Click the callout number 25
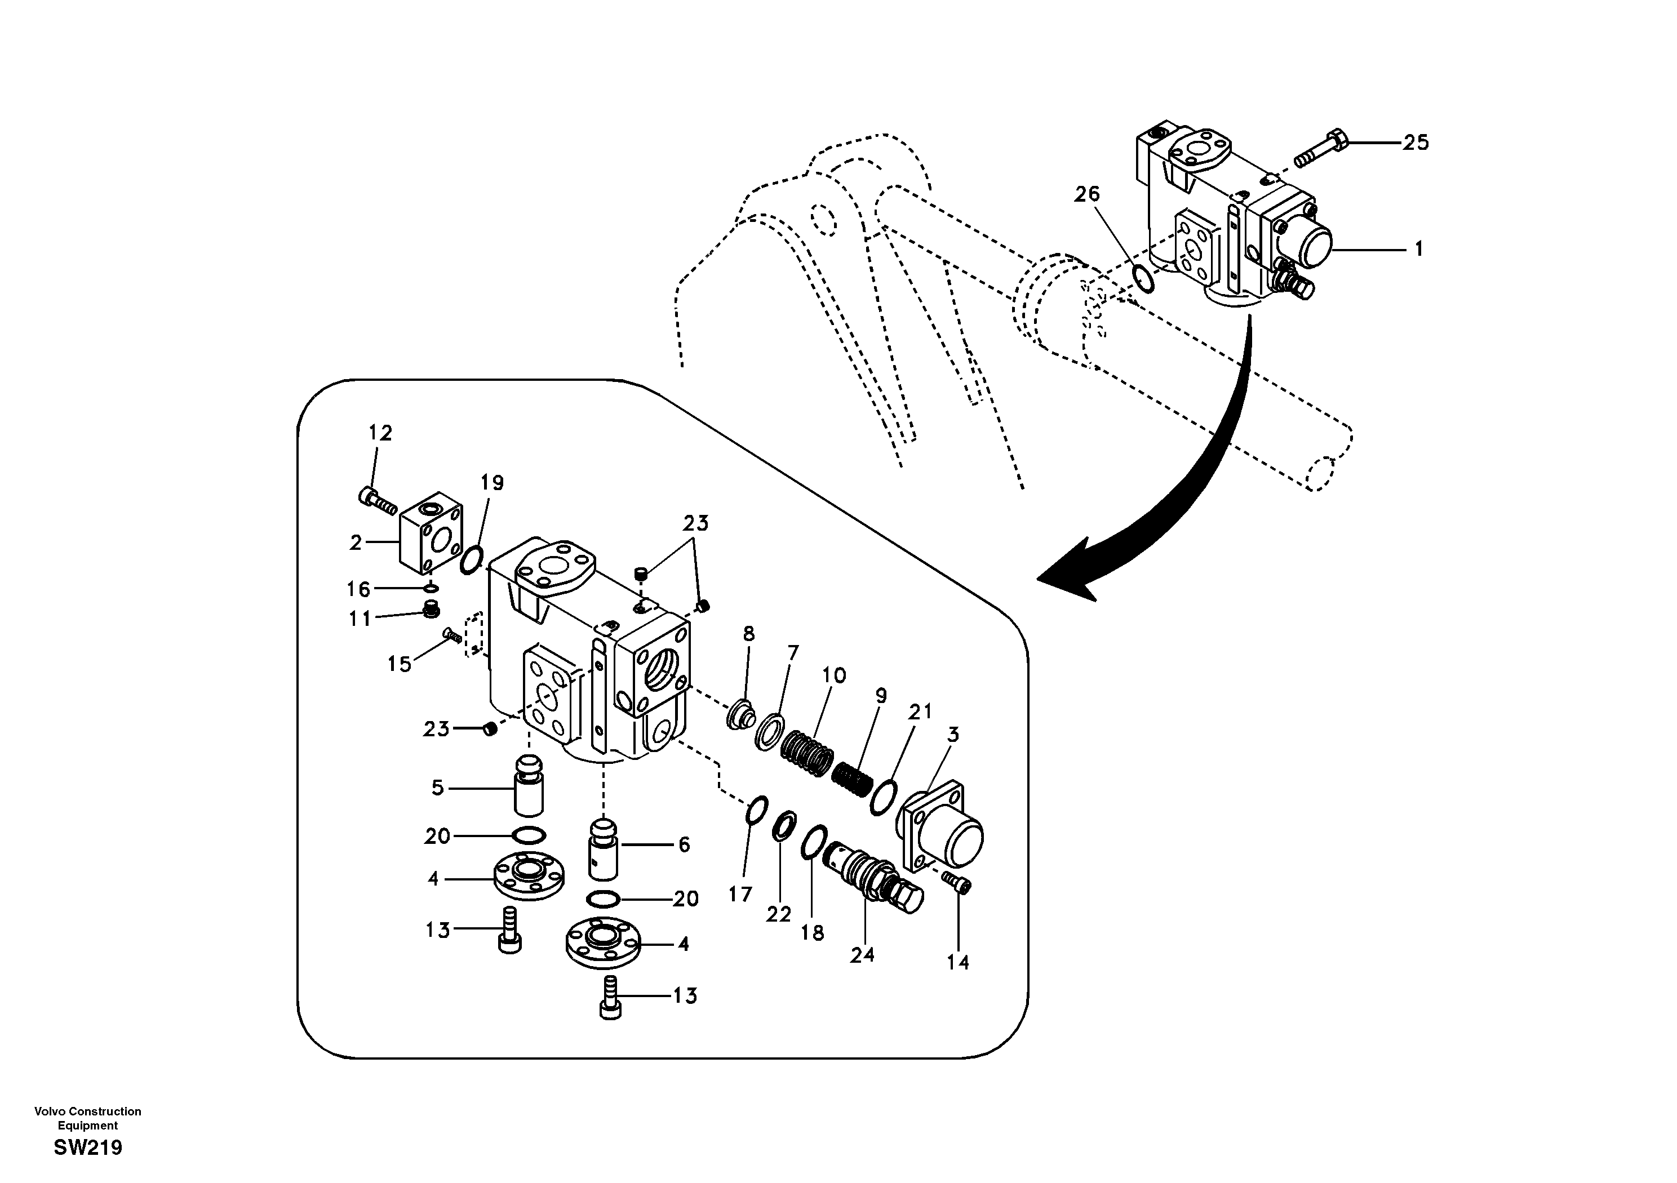(x=1415, y=143)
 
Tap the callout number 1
(x=1418, y=250)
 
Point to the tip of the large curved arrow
(x=1041, y=581)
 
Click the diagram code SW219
(x=88, y=1148)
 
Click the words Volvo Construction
(x=88, y=1111)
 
